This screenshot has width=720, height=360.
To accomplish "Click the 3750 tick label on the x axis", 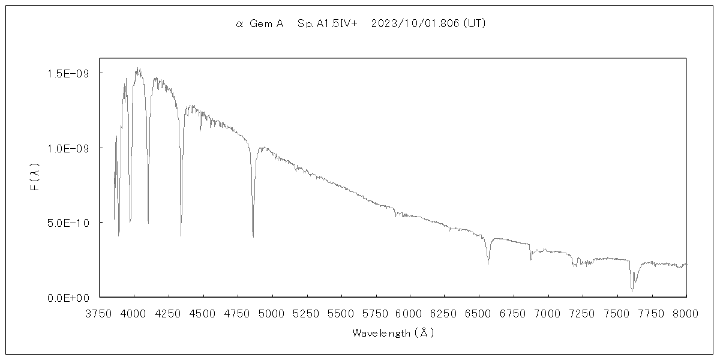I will pyautogui.click(x=100, y=313).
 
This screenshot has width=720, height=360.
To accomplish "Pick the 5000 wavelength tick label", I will pyautogui.click(x=272, y=313).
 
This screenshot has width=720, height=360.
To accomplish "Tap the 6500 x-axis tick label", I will pyautogui.click(x=479, y=313).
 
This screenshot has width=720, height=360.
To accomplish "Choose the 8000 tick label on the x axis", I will pyautogui.click(x=686, y=313).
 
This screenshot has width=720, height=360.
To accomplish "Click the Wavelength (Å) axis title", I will pyautogui.click(x=392, y=332).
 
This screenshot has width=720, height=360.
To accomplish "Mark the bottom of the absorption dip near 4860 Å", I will pyautogui.click(x=253, y=236).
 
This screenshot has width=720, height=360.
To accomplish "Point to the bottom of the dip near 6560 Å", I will pyautogui.click(x=488, y=263).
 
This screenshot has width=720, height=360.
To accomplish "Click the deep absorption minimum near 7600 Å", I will pyautogui.click(x=632, y=291).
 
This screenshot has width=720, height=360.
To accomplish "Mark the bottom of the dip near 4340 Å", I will pyautogui.click(x=181, y=236).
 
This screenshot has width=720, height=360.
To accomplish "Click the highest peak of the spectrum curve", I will pyautogui.click(x=139, y=68).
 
